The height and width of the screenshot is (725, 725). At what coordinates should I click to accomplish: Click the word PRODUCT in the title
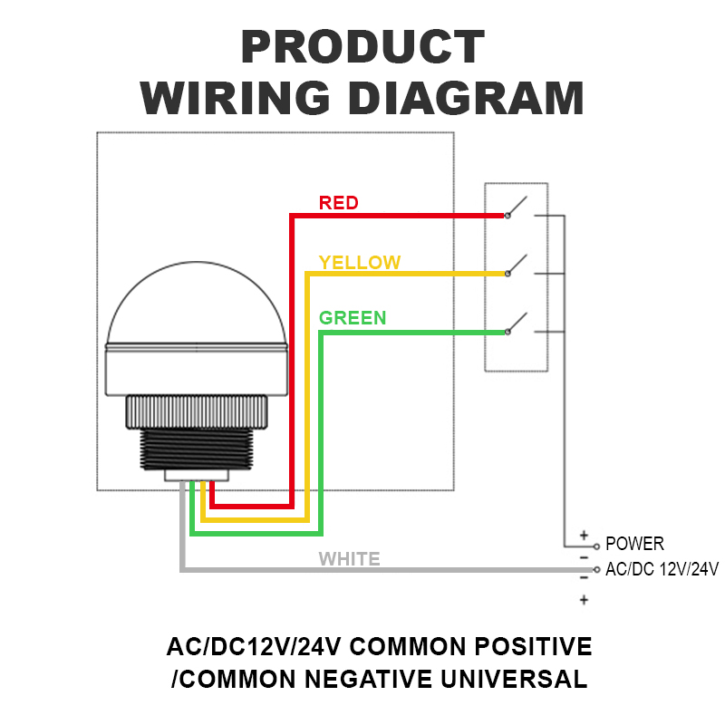click(x=362, y=46)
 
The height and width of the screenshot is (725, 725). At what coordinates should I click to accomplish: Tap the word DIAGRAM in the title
click(x=466, y=98)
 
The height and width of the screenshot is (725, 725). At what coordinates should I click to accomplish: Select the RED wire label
click(x=338, y=203)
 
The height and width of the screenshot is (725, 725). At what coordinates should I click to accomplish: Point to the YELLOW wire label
click(x=360, y=262)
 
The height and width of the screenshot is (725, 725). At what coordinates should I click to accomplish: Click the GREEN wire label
click(x=353, y=318)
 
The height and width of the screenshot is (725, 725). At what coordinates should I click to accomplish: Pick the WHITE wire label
click(x=349, y=559)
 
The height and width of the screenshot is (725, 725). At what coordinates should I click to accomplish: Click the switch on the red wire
click(x=517, y=208)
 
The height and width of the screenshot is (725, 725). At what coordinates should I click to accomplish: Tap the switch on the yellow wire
click(x=517, y=266)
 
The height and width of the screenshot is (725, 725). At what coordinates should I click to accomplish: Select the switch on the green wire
click(x=517, y=324)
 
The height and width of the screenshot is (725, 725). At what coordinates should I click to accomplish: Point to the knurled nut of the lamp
click(x=197, y=412)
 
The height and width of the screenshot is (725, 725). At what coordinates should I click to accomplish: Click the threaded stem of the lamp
click(x=197, y=449)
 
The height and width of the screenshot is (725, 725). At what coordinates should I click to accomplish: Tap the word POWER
click(x=634, y=544)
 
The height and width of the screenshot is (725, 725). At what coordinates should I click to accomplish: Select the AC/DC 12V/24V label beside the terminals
click(x=662, y=569)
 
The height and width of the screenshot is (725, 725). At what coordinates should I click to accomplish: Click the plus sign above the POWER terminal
click(x=584, y=536)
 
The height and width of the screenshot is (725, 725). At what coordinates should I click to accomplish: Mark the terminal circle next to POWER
click(x=596, y=546)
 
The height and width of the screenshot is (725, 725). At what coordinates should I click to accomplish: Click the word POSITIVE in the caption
click(x=533, y=646)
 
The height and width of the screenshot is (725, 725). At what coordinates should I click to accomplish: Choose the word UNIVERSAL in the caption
click(x=514, y=679)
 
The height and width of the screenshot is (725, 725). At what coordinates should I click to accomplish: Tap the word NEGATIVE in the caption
click(x=369, y=679)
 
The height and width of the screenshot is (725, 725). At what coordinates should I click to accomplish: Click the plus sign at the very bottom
click(x=584, y=600)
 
